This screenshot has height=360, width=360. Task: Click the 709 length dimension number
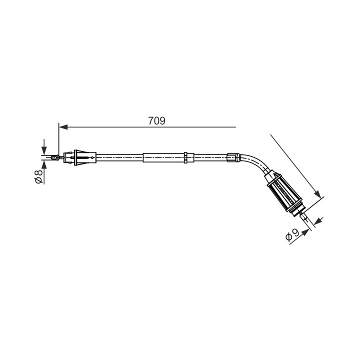point(156,121)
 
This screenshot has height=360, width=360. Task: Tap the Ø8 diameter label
point(38,176)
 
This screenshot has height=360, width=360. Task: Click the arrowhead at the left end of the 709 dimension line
point(63,127)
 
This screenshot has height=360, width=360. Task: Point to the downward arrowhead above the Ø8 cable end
point(44,150)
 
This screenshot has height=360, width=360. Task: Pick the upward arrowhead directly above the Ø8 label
point(44,165)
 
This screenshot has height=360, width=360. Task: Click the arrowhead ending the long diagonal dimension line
point(318,193)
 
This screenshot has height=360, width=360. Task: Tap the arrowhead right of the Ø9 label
point(305,232)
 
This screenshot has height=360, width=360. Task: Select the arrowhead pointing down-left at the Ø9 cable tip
point(318,221)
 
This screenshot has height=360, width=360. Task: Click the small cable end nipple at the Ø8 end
point(54,158)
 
